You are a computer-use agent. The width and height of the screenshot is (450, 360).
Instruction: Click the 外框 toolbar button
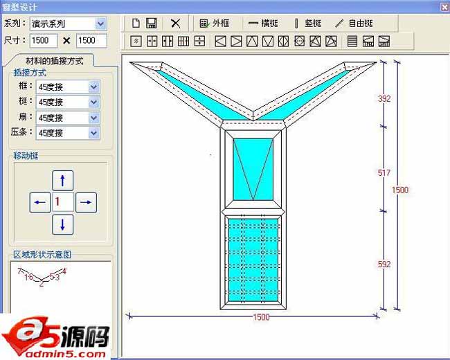pos(214,23)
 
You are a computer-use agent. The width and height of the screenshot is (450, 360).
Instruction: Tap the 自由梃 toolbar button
pos(354,23)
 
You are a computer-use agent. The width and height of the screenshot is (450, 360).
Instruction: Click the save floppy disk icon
pos(151,23)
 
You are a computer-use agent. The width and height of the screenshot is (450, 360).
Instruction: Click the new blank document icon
pos(136,23)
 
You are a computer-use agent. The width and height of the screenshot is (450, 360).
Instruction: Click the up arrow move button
pos(63,181)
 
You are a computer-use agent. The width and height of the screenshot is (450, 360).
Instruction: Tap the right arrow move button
pos(85,202)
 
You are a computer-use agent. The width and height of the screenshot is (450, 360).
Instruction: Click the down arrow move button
pos(63,224)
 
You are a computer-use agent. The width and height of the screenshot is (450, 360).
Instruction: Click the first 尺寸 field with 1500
pos(44,41)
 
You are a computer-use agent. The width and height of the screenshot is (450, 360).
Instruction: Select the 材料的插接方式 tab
pos(55,61)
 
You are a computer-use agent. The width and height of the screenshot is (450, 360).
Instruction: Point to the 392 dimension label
pos(384,99)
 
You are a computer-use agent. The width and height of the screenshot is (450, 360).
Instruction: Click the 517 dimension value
pos(384,172)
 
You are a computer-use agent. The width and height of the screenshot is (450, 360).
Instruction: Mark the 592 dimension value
pos(384,264)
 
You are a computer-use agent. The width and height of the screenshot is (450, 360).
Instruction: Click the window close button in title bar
pos(443,6)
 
